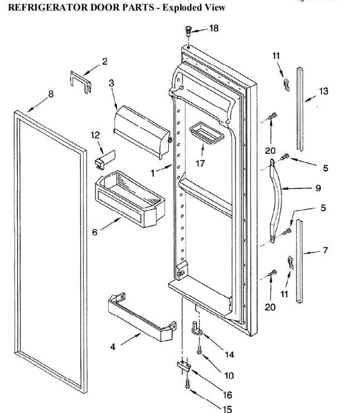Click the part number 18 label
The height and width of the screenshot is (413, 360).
click(x=213, y=28)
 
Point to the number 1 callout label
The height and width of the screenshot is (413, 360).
click(x=152, y=173)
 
